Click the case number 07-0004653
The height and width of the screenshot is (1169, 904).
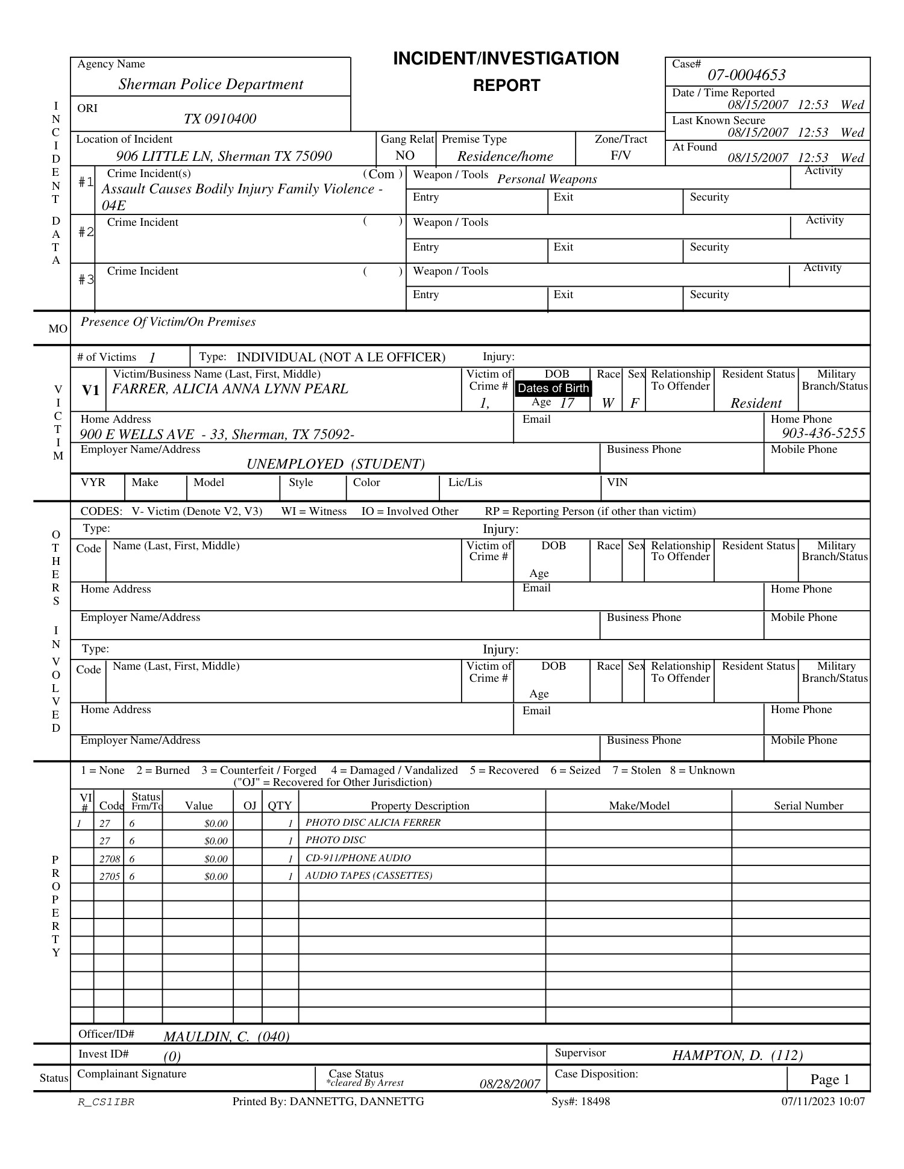[x=746, y=75]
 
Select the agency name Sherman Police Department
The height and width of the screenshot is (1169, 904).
[x=210, y=84]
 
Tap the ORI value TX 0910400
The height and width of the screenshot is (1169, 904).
[x=219, y=119]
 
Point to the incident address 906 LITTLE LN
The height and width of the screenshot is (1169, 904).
[x=224, y=157]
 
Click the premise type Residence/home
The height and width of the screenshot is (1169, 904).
[x=505, y=157]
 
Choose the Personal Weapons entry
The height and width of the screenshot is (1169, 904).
[x=547, y=179]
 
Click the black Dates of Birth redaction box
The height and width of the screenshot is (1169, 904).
[x=553, y=388]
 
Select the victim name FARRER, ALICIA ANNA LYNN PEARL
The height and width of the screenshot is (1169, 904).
[x=230, y=389]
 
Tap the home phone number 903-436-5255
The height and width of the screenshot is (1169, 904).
[x=823, y=434]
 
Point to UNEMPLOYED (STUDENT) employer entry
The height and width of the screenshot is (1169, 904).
[x=336, y=464]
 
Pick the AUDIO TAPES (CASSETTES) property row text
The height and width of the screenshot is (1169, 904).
[x=368, y=876]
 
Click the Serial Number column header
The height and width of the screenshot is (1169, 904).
[x=808, y=806]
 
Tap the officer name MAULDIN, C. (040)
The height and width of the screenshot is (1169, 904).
[x=226, y=1037]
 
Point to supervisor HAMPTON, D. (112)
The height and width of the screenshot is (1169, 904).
[x=737, y=1055]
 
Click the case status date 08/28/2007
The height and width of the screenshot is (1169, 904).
[x=510, y=1084]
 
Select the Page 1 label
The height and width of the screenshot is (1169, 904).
[x=829, y=1079]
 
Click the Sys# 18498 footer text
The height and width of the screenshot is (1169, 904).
[x=580, y=1102]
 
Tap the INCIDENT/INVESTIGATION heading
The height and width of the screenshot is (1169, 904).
[x=506, y=59]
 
